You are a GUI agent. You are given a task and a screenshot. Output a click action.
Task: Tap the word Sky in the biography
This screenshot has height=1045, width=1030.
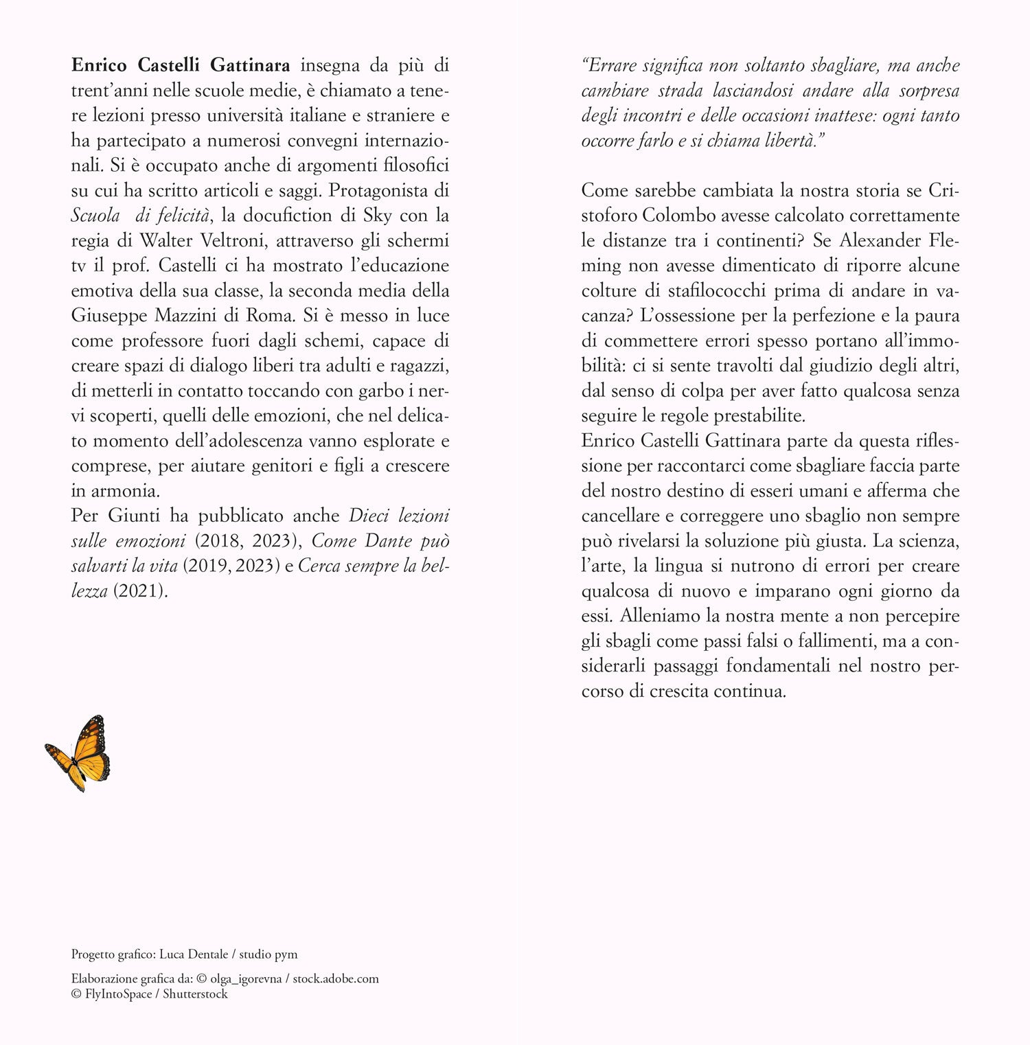(378, 216)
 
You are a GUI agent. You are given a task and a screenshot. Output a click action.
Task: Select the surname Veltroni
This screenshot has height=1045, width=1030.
(411, 240)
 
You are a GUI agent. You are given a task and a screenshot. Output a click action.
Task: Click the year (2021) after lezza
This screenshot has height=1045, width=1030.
(140, 591)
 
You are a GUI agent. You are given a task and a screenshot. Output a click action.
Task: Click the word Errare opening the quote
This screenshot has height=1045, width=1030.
(612, 66)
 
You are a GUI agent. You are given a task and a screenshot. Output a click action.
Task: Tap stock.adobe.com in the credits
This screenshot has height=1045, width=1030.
(336, 979)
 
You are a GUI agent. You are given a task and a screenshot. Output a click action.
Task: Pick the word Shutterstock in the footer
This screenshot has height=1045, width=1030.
(195, 994)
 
